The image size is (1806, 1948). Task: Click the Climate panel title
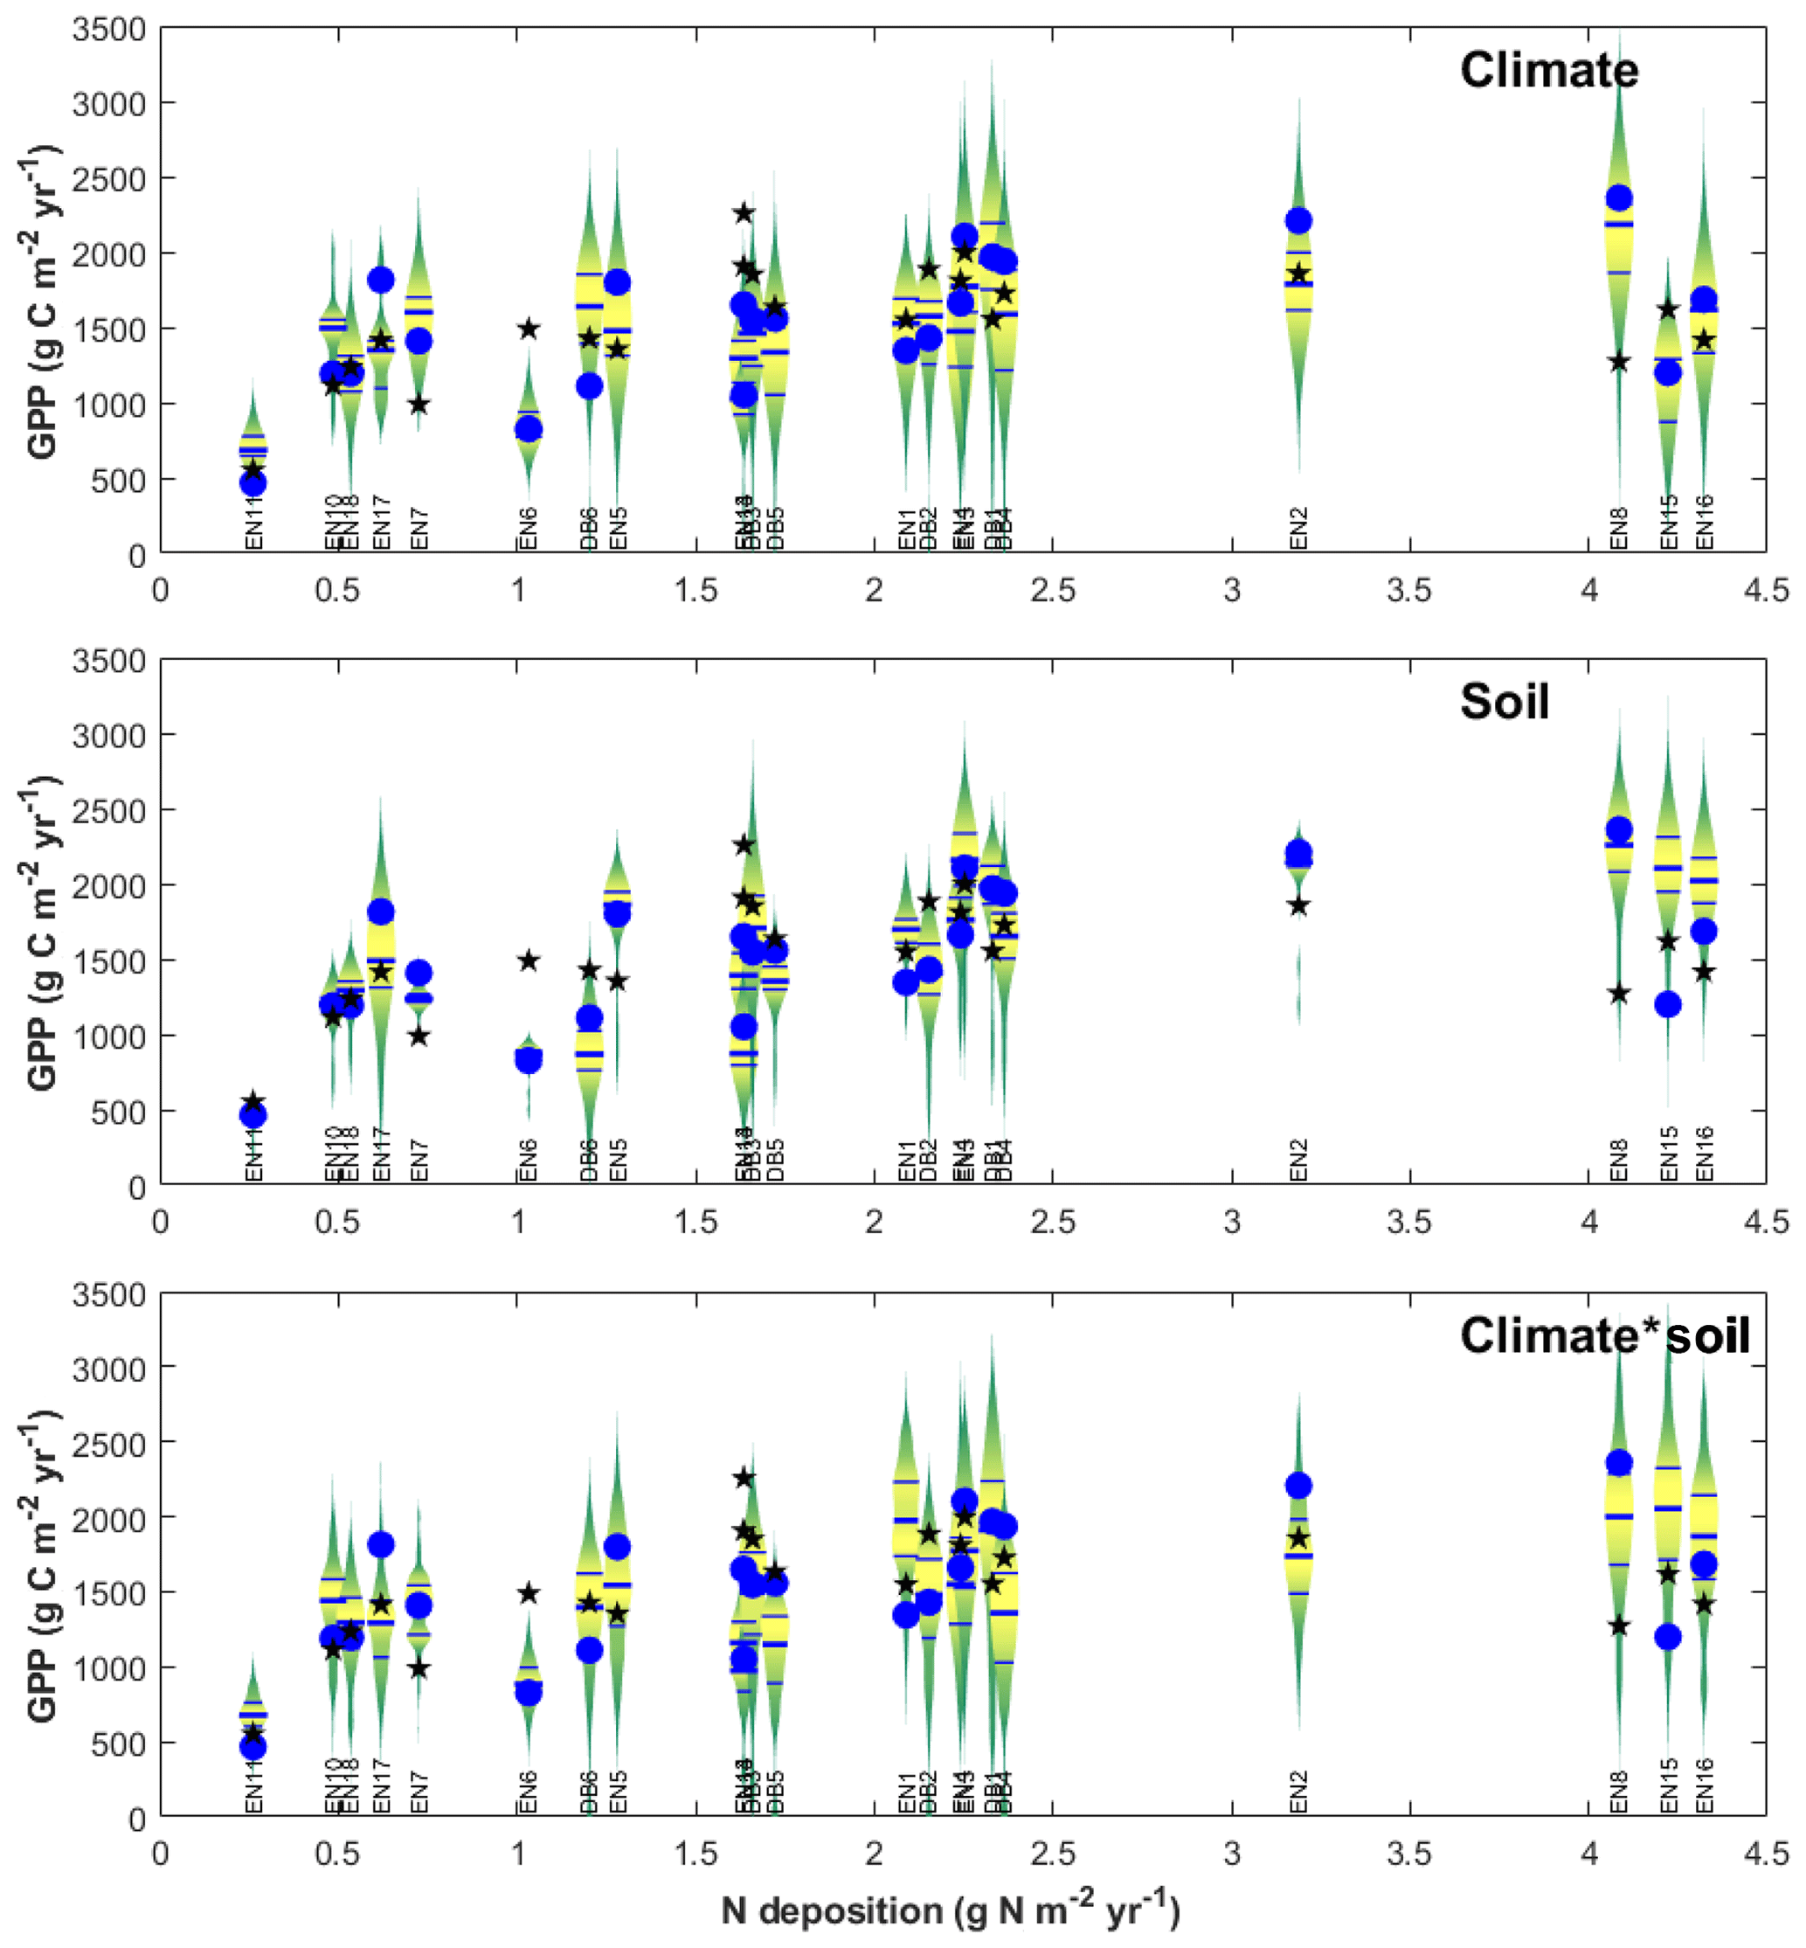(x=1548, y=71)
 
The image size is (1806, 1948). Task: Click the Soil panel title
(x=1504, y=702)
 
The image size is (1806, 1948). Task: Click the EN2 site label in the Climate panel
(x=1297, y=528)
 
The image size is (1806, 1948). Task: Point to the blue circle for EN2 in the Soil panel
(x=1297, y=852)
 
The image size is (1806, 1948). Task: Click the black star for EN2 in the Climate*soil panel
(x=1297, y=1537)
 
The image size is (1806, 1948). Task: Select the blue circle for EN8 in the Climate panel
(x=1619, y=198)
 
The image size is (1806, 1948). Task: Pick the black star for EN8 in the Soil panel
(x=1619, y=993)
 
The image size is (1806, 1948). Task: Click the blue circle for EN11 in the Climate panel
(x=253, y=482)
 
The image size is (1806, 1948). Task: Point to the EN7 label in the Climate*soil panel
(x=419, y=1792)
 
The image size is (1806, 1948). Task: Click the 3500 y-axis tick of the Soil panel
(x=109, y=661)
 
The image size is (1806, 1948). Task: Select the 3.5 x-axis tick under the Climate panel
(x=1409, y=591)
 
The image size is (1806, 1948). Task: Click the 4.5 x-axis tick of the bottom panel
(x=1766, y=1854)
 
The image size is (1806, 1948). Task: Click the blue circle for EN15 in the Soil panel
(x=1667, y=1004)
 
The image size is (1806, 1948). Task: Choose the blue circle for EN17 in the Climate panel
(x=380, y=280)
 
